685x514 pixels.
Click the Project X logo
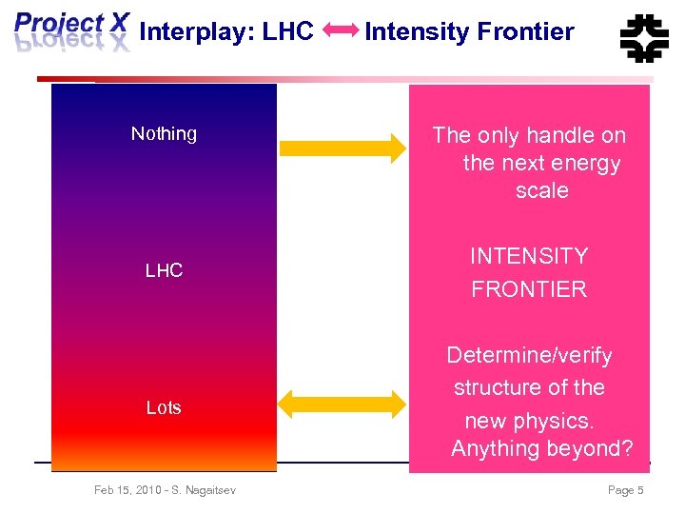click(x=71, y=31)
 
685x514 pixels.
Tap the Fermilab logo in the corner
click(x=644, y=36)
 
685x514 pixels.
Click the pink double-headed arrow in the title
click(x=340, y=31)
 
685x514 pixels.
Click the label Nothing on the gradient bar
click(x=164, y=134)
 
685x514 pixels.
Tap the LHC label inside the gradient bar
click(x=164, y=271)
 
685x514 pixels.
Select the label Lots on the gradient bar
click(x=164, y=407)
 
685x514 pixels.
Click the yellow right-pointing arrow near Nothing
click(x=342, y=147)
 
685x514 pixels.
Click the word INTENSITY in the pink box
click(x=529, y=256)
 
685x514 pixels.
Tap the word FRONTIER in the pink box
click(x=529, y=289)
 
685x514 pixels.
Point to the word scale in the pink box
click(x=541, y=190)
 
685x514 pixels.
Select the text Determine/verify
click(x=529, y=355)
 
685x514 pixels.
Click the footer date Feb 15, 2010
click(x=128, y=490)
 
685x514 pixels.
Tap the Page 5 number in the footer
click(x=625, y=490)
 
